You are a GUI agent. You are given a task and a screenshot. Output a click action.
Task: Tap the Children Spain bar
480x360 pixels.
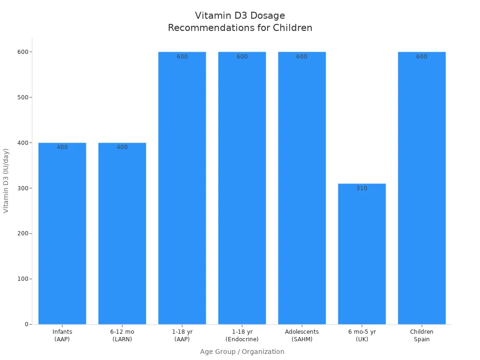(x=421, y=187)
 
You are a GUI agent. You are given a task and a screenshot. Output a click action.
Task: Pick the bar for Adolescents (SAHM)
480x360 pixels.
(x=301, y=187)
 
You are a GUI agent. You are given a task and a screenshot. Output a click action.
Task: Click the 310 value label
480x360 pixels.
(x=361, y=188)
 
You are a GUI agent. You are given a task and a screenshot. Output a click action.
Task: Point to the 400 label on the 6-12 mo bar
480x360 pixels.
(x=122, y=147)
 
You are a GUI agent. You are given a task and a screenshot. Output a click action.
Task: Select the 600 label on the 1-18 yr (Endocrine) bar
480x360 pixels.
(x=242, y=57)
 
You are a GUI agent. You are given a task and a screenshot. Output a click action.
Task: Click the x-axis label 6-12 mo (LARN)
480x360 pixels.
(x=122, y=335)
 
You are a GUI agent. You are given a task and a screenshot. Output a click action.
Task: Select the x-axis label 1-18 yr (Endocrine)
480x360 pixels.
(x=242, y=335)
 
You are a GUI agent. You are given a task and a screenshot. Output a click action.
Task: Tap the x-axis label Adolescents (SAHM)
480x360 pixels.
(x=301, y=335)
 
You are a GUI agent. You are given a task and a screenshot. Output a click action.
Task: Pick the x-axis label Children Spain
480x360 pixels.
(x=421, y=335)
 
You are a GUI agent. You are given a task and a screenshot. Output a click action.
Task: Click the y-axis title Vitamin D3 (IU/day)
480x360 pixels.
(x=6, y=180)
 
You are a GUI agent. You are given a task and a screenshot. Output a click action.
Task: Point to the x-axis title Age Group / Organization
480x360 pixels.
(x=242, y=352)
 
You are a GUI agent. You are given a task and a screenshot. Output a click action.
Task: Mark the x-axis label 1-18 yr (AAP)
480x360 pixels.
(x=182, y=335)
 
